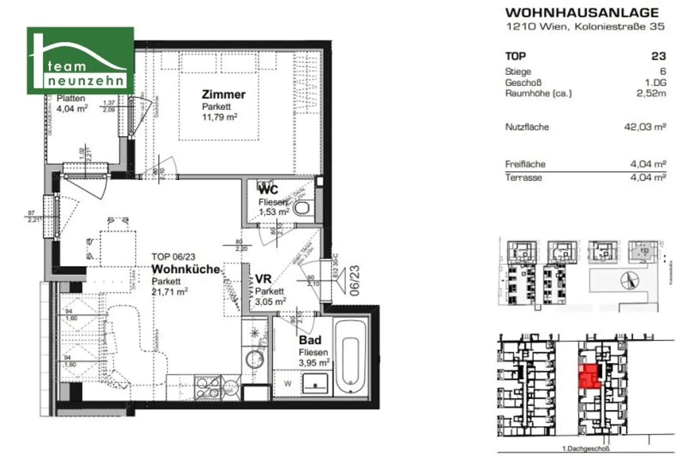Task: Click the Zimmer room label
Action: (x=224, y=95)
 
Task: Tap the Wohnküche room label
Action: (x=186, y=269)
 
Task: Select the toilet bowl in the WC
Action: (x=304, y=208)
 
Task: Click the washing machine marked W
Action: (x=288, y=383)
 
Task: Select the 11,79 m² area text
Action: (x=220, y=118)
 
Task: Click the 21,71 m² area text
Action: (x=170, y=292)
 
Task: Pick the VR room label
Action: (x=263, y=279)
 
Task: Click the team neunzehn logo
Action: (x=80, y=61)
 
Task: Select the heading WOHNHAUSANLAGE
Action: (x=582, y=12)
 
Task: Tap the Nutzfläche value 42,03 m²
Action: (x=645, y=127)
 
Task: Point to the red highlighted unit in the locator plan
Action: (x=589, y=375)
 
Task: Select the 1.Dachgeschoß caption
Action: (x=585, y=449)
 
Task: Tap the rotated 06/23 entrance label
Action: (x=355, y=280)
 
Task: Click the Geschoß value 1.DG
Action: (x=655, y=82)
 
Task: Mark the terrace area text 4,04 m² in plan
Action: (x=72, y=108)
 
